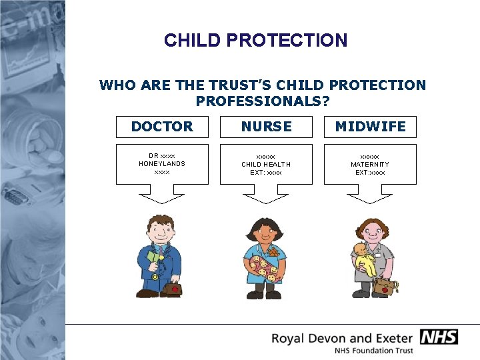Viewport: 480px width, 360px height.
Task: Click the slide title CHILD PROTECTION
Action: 256,41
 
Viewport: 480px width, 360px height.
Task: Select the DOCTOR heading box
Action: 162,127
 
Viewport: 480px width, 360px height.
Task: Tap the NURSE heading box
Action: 267,127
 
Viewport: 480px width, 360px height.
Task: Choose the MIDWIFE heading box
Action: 370,127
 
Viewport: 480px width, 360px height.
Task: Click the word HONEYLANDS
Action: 162,164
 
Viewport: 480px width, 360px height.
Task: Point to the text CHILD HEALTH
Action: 266,165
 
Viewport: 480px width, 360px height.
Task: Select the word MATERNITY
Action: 370,165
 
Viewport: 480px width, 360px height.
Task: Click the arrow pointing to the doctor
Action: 162,195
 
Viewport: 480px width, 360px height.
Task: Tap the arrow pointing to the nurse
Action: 267,195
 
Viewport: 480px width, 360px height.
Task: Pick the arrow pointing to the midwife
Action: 370,195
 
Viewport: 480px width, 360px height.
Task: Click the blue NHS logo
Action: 439,337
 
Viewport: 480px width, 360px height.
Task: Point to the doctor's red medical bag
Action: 175,288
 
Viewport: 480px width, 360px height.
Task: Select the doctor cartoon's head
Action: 161,231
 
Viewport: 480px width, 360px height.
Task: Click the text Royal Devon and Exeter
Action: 343,337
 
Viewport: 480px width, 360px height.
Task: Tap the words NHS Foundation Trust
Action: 374,351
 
